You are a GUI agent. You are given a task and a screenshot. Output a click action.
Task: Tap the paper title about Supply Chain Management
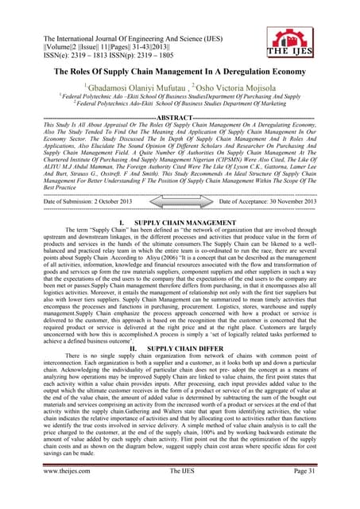tap(180, 72)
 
